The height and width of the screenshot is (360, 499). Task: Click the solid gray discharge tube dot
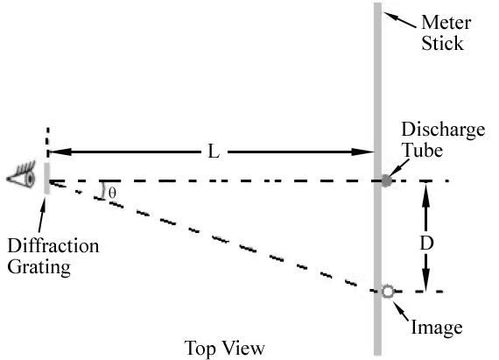click(x=386, y=181)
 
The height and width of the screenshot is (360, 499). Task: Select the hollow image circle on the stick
click(x=386, y=292)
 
